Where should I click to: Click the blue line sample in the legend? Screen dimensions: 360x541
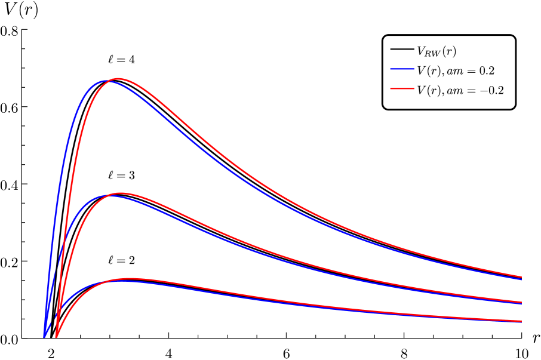(x=402, y=69)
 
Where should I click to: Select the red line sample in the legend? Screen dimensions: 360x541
(x=402, y=88)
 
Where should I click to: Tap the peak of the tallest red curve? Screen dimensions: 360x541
(x=118, y=79)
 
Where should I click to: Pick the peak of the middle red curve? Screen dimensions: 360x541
(x=121, y=193)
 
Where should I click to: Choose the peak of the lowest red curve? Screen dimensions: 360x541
(x=129, y=278)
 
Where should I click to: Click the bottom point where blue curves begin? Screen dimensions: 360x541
(x=44, y=337)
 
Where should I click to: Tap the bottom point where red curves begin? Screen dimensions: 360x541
(x=56, y=337)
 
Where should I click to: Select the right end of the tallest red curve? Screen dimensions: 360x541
(x=521, y=277)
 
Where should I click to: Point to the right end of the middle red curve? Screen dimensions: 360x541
(x=521, y=302)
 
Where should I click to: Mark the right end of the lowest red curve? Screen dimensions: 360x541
(x=521, y=321)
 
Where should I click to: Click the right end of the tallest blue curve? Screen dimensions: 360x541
(x=521, y=279)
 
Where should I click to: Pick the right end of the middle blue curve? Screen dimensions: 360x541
(x=521, y=304)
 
